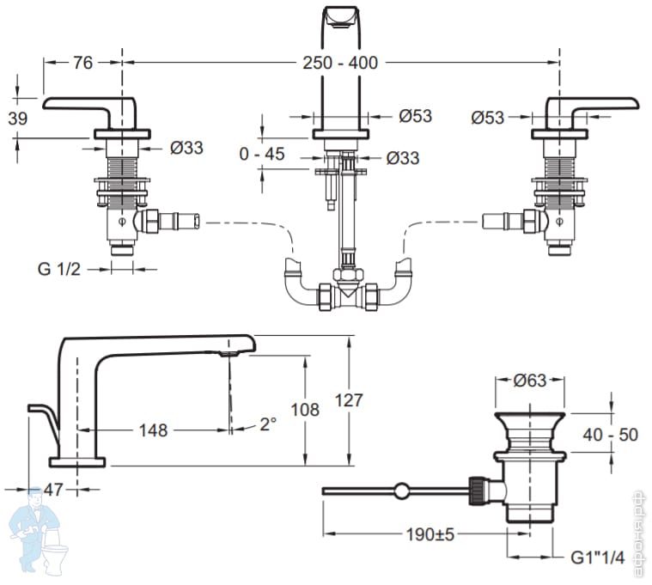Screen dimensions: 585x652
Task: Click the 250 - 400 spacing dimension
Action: (x=340, y=63)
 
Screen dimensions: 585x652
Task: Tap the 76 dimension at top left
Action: (x=82, y=63)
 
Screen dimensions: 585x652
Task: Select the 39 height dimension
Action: (x=15, y=119)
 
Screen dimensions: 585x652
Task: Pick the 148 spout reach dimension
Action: (x=154, y=429)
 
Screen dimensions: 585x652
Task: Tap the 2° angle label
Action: (x=268, y=424)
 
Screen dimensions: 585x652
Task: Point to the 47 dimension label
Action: (x=52, y=489)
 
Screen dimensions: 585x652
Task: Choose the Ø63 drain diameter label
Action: (x=530, y=381)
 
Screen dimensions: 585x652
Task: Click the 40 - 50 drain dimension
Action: (x=611, y=435)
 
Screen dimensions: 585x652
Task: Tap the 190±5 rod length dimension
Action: (x=430, y=534)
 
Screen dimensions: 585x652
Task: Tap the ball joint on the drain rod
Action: (x=400, y=491)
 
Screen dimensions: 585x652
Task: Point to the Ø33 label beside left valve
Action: (x=186, y=148)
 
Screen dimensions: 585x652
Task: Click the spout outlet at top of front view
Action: (x=340, y=18)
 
